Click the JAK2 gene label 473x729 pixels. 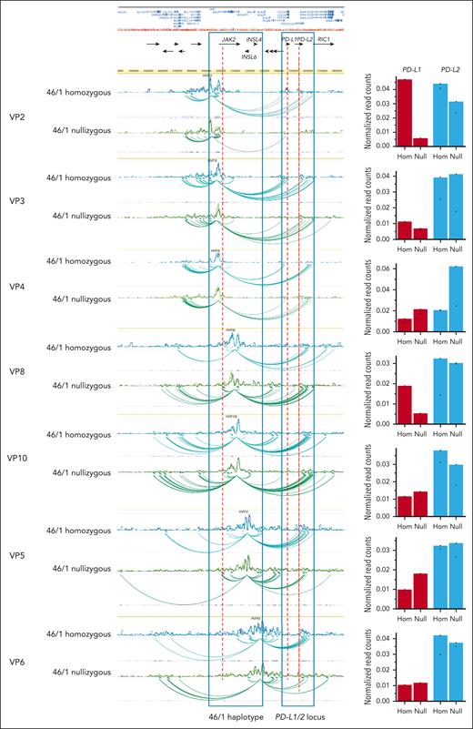pyautogui.click(x=228, y=40)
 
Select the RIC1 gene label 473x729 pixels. pyautogui.click(x=324, y=40)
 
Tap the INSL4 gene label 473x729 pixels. pyautogui.click(x=254, y=40)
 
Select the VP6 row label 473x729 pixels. pyautogui.click(x=16, y=661)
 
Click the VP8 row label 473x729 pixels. pyautogui.click(x=16, y=372)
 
